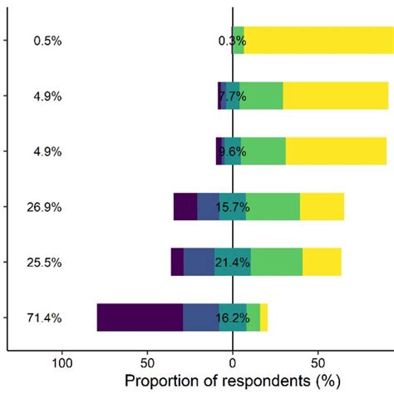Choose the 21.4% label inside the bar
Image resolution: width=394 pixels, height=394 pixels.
[x=233, y=262]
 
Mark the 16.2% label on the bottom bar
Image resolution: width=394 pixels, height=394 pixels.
[x=233, y=318]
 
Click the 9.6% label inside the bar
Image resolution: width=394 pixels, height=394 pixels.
[x=233, y=152]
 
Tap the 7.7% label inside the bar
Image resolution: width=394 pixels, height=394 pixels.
[x=233, y=96]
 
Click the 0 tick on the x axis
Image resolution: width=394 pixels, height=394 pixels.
[x=233, y=362]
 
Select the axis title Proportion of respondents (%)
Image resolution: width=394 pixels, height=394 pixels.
[x=233, y=381]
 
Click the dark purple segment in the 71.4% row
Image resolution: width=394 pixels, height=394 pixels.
[x=140, y=318]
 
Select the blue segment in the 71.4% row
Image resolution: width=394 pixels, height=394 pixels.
[x=200, y=318]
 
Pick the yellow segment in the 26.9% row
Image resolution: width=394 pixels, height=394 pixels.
[x=322, y=207]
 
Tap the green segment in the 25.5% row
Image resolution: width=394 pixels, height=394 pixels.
[x=277, y=262]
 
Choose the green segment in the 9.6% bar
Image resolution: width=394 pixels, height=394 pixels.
[x=263, y=152]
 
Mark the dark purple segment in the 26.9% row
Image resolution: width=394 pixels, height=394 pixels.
[x=185, y=207]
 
